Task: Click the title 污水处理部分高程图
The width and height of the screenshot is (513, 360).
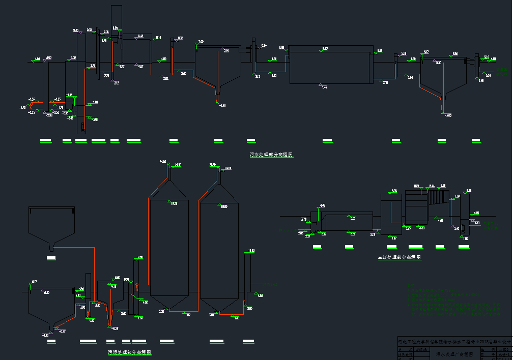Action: coord(271,155)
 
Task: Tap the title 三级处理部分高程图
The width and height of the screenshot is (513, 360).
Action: coord(400,257)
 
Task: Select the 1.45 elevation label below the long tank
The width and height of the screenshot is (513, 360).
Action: coord(325,87)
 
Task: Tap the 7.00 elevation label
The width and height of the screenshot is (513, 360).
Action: coord(201,41)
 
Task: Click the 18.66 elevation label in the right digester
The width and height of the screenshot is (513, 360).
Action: coord(223,206)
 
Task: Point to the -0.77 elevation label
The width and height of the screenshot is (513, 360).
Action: coord(63,332)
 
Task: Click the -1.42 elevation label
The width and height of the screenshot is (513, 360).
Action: coord(45,335)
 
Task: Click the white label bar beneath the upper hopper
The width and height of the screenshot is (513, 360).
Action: coord(51,258)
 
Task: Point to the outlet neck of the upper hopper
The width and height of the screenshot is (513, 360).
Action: coord(51,248)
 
